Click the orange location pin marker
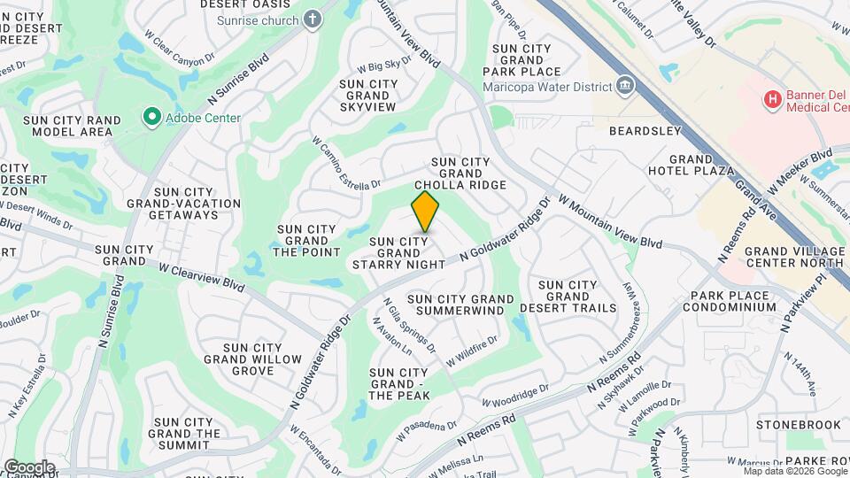pyautogui.click(x=425, y=211)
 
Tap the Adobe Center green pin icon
pyautogui.click(x=151, y=116)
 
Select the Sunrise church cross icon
pyautogui.click(x=313, y=19)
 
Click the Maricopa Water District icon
pyautogui.click(x=626, y=86)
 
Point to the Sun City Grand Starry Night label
pyautogui.click(x=398, y=252)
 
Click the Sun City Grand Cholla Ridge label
pyautogui.click(x=467, y=173)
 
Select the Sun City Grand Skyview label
pyautogui.click(x=367, y=96)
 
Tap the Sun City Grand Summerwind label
pyautogui.click(x=460, y=305)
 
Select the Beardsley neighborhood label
pyautogui.click(x=645, y=131)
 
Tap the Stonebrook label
pyautogui.click(x=799, y=425)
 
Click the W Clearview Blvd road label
pyautogui.click(x=202, y=274)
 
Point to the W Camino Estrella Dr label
pyautogui.click(x=345, y=163)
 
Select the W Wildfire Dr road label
pyautogui.click(x=473, y=351)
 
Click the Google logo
pyautogui.click(x=28, y=466)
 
